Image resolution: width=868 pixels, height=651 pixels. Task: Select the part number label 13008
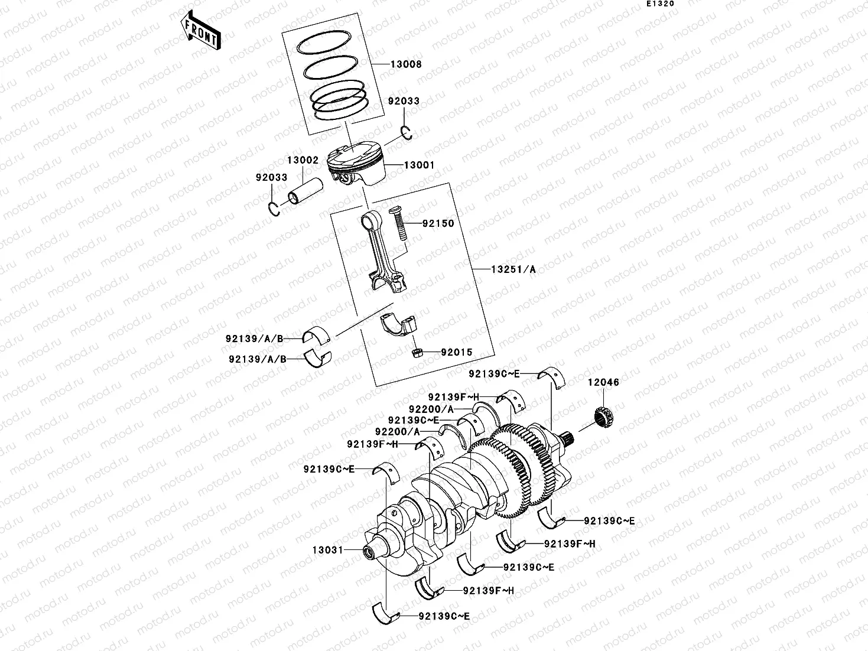coord(405,64)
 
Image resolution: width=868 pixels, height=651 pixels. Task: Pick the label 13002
coord(303,160)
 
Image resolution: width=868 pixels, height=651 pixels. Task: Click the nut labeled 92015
coord(415,353)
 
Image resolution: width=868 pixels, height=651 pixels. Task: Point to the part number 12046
coord(603,382)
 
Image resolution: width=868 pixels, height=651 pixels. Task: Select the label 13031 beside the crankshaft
coord(328,550)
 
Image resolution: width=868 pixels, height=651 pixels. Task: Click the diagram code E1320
coord(659,4)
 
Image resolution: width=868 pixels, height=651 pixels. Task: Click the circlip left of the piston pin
coord(274,209)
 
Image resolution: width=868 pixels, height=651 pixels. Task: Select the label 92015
coord(457,353)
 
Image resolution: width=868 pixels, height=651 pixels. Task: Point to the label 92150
coord(438,224)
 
